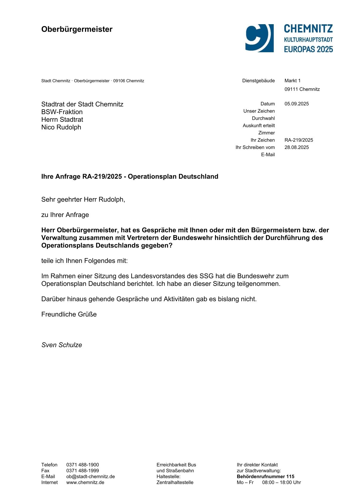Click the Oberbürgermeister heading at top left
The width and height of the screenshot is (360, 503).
[77, 29]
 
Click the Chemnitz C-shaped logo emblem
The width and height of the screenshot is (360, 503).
[259, 38]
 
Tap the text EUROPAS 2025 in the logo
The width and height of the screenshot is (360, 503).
[308, 49]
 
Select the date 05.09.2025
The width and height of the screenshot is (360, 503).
[296, 104]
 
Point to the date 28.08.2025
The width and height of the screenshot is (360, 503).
[296, 147]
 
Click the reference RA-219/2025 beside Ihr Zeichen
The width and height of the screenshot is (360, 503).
[299, 140]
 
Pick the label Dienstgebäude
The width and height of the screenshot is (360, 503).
[258, 81]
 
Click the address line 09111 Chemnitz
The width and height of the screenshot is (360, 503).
[302, 89]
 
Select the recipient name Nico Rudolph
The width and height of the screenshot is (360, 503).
[61, 127]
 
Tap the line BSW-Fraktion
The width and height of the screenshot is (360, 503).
[62, 112]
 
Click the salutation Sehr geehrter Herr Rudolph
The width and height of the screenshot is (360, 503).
[83, 199]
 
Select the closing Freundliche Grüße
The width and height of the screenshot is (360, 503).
[69, 314]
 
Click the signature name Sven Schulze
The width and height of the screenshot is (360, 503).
[61, 345]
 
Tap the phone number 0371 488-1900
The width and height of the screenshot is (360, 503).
[82, 465]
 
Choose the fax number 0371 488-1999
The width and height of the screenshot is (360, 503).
[82, 471]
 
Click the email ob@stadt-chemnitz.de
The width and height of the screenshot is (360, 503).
[90, 476]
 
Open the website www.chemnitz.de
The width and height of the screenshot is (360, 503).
[85, 482]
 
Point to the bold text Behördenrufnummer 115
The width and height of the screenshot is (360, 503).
[265, 476]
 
